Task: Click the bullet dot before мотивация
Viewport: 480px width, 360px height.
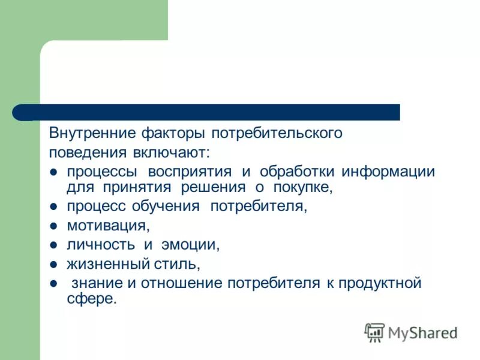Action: tap(53, 226)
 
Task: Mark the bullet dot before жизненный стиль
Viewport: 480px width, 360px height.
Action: tap(53, 264)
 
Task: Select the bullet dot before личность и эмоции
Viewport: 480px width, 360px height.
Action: tap(53, 245)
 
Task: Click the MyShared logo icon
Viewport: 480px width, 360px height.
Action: tap(374, 332)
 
